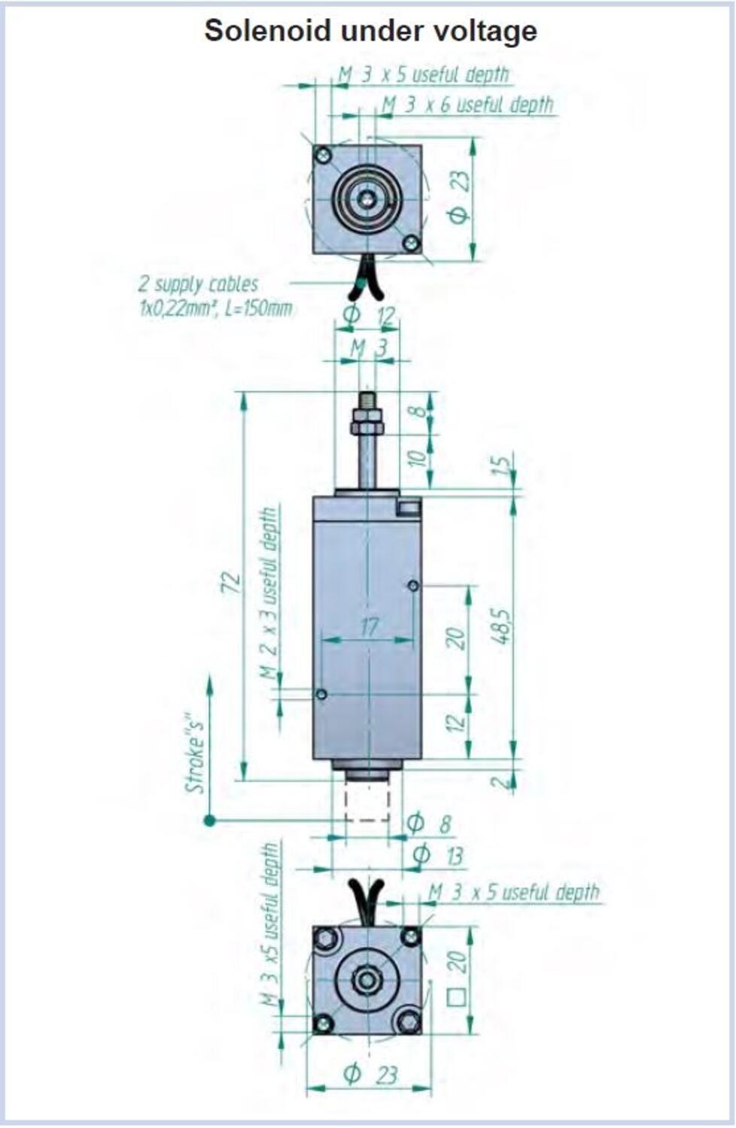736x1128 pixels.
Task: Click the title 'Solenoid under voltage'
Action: (x=370, y=31)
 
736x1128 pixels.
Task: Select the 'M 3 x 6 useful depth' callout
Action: (x=467, y=105)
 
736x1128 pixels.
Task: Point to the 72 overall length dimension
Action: (x=233, y=583)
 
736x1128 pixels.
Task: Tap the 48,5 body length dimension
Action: (x=501, y=625)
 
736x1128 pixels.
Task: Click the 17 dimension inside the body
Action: (x=369, y=626)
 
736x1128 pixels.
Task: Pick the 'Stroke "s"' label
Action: (x=196, y=753)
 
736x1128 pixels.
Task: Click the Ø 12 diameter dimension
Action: (x=369, y=315)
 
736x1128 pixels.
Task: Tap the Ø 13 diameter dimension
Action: (x=438, y=855)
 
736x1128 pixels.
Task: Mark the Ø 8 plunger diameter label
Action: (x=429, y=824)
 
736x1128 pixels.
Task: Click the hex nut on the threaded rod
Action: (x=366, y=428)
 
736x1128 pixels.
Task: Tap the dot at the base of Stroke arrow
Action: (x=209, y=820)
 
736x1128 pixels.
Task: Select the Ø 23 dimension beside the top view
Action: (x=458, y=198)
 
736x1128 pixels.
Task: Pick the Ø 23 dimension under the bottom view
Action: (x=370, y=1074)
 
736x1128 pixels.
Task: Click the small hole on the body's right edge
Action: (x=412, y=585)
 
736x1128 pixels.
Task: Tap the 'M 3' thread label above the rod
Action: (x=368, y=348)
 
